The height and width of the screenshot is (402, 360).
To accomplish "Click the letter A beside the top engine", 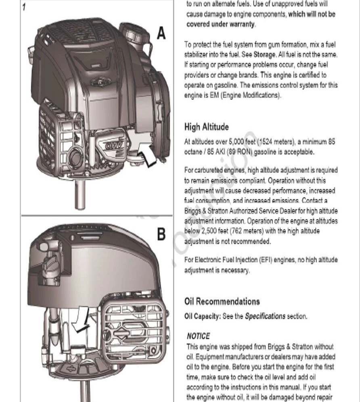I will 161,33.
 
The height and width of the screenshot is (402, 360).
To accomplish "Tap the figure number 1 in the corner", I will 24,7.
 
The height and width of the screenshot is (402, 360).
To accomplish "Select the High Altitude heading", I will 212,127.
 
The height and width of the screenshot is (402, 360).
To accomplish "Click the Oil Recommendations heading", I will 222,301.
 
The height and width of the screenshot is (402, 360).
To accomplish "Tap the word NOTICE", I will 198,336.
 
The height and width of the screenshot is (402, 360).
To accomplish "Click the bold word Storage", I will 264,55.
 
